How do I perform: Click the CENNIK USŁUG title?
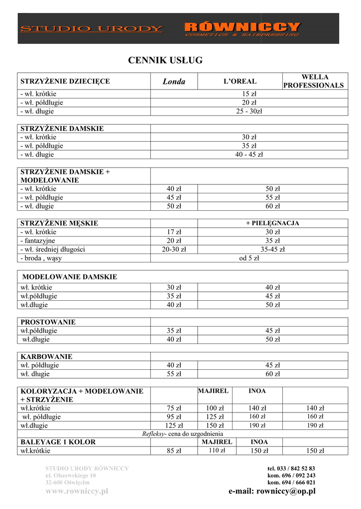(x=166, y=60)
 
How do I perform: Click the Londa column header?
(x=174, y=82)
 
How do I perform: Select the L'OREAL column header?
(x=240, y=81)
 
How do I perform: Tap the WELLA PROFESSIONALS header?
(x=314, y=81)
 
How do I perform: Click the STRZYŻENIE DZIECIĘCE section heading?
(x=65, y=81)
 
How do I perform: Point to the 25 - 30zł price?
(x=249, y=111)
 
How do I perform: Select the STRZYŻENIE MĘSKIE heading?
(x=59, y=223)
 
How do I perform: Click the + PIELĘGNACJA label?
(x=272, y=223)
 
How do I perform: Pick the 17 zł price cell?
(x=174, y=232)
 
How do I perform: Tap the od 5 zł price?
(x=249, y=258)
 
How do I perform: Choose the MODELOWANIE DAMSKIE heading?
(x=70, y=277)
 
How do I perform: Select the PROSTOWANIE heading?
(x=48, y=322)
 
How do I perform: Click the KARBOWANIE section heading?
(x=46, y=356)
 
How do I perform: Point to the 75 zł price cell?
(x=174, y=408)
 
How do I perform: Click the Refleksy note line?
(x=182, y=433)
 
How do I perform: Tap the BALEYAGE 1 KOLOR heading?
(x=58, y=442)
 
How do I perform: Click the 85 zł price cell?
(x=174, y=451)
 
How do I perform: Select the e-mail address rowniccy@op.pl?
(x=272, y=491)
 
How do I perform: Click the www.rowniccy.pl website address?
(x=77, y=491)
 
